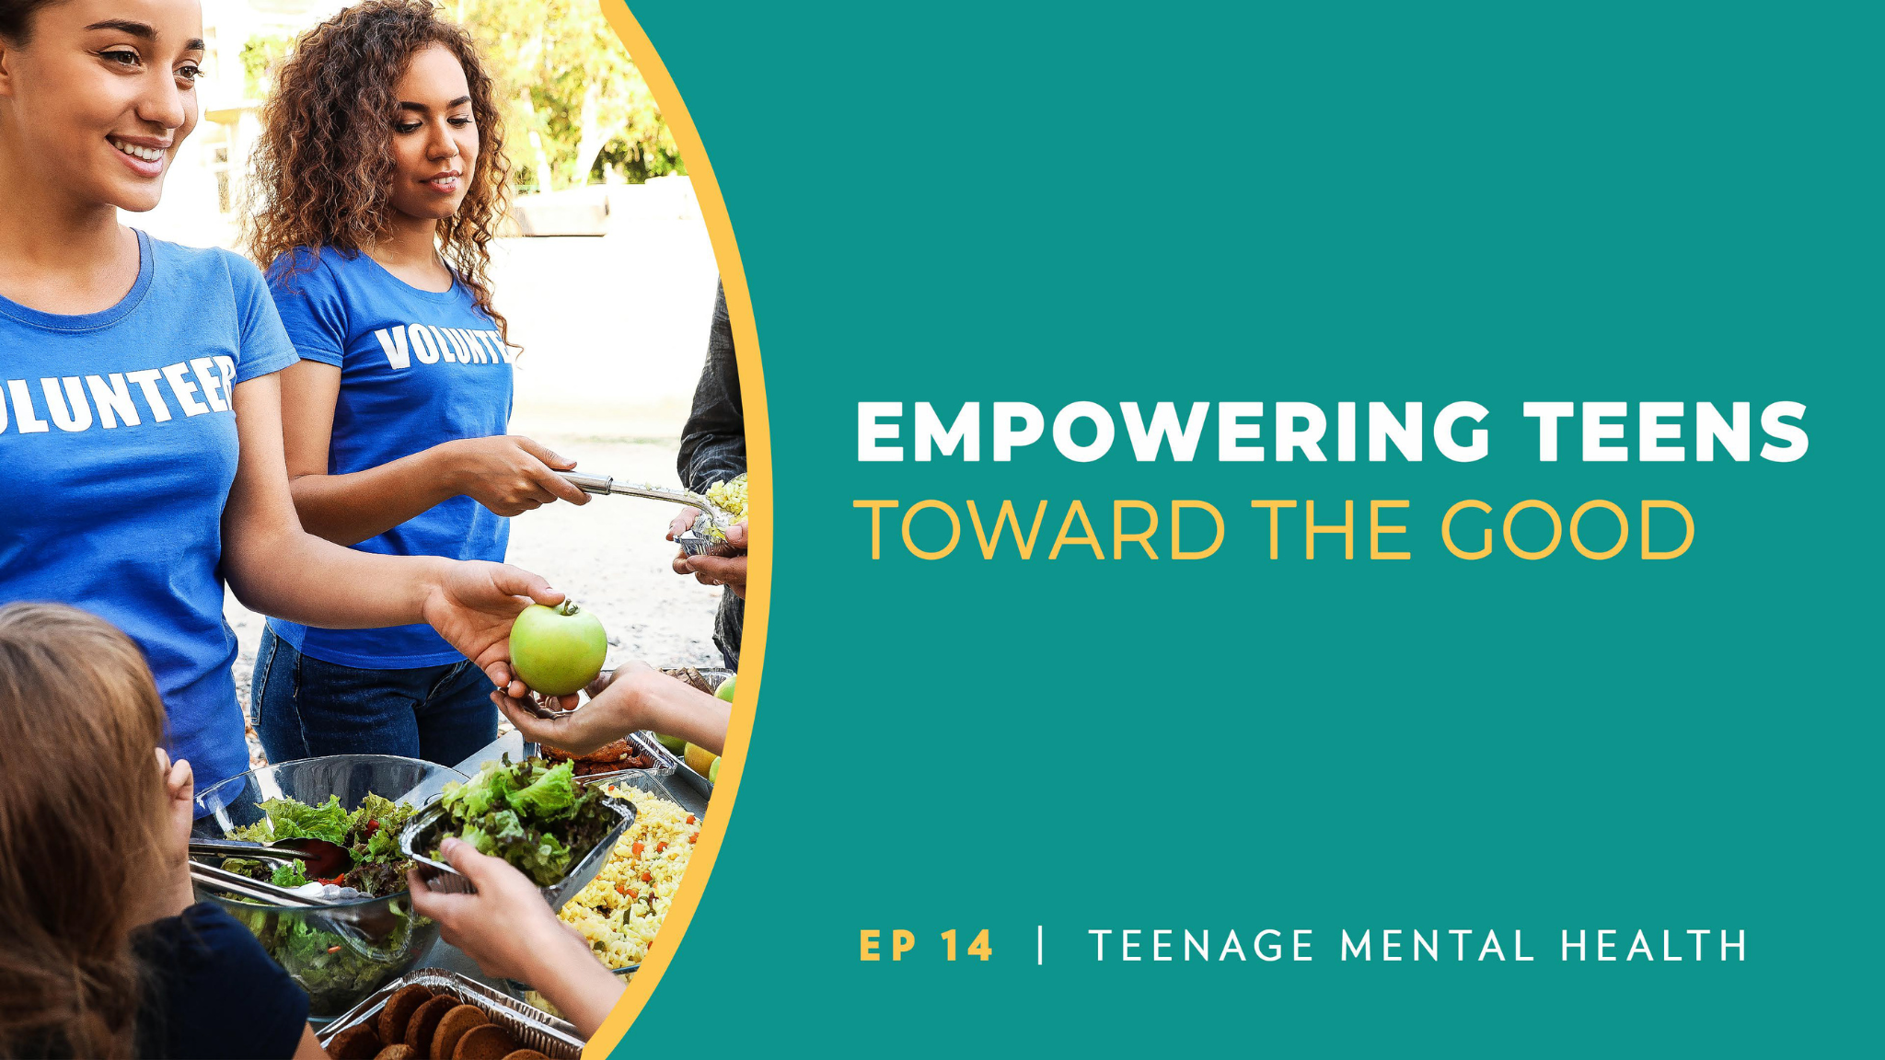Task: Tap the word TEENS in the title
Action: pyautogui.click(x=1666, y=432)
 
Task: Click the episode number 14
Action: pyautogui.click(x=967, y=946)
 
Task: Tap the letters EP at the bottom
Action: pyautogui.click(x=887, y=946)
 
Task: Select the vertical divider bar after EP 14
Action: pyautogui.click(x=1041, y=945)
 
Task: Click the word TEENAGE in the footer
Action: pyautogui.click(x=1201, y=946)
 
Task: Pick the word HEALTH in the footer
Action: pyautogui.click(x=1654, y=946)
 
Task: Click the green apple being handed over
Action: pyautogui.click(x=558, y=649)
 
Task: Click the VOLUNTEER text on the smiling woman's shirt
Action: pyautogui.click(x=115, y=396)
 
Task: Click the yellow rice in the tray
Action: pyautogui.click(x=635, y=874)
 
